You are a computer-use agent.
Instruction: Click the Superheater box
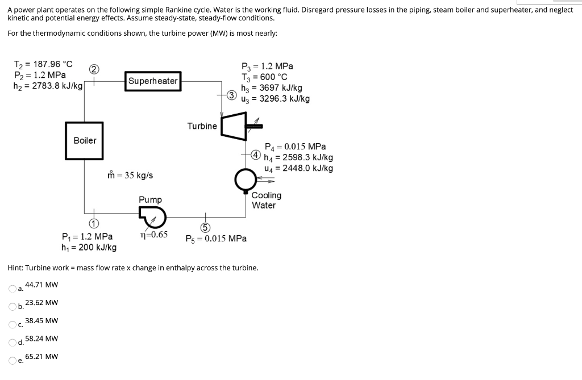[x=153, y=81]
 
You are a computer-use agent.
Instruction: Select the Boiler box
[x=85, y=140]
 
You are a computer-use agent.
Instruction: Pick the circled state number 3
[x=231, y=94]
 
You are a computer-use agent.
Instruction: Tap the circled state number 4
[x=256, y=154]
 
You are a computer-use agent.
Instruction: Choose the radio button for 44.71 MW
[x=13, y=289]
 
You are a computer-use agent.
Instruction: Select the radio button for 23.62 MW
[x=13, y=307]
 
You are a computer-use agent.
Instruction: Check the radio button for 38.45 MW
[x=13, y=325]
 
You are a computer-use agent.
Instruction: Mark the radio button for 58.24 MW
[x=13, y=343]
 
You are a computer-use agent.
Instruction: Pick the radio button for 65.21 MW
[x=13, y=361]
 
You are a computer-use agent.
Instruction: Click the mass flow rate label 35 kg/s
[x=130, y=176]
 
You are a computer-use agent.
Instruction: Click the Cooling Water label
[x=266, y=200]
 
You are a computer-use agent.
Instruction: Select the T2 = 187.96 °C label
[x=43, y=64]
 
